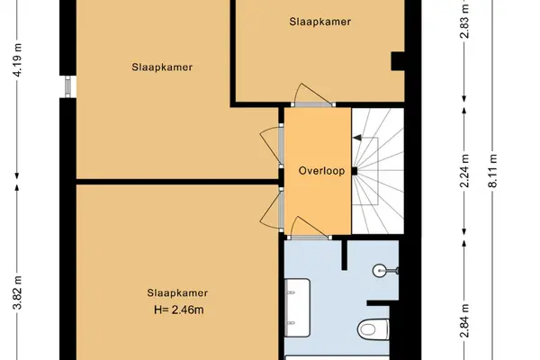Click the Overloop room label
point(321,171)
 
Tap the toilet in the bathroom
point(373,329)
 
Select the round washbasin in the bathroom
point(380,270)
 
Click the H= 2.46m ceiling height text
point(179,310)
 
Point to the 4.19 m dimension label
point(18,60)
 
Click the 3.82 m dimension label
point(18,292)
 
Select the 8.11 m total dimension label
point(493,170)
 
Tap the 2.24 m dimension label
point(464,170)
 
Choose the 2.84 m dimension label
point(464,321)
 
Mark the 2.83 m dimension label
point(464,22)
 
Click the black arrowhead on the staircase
point(357,138)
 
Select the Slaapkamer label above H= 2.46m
point(177,292)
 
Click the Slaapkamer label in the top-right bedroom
point(319,22)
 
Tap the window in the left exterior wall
point(67,86)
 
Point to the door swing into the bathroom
point(308,227)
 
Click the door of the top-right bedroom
point(312,94)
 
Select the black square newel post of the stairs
point(354,171)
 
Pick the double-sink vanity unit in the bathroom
point(297,308)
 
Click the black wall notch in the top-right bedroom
point(398,61)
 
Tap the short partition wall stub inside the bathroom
point(344,255)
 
